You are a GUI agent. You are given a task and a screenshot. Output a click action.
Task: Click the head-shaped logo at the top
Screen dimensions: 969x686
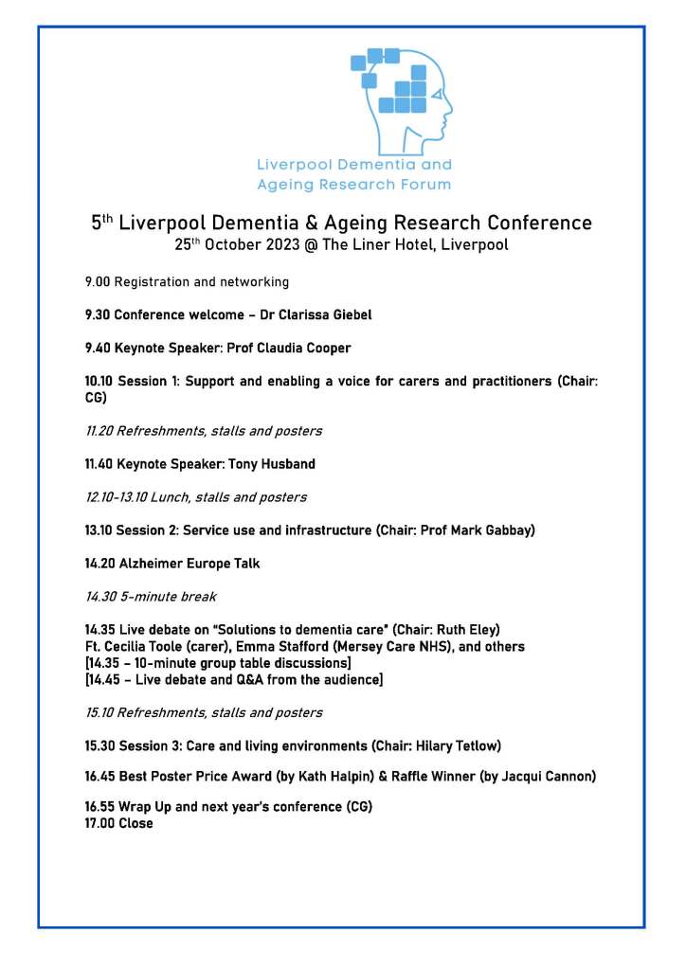coord(403,99)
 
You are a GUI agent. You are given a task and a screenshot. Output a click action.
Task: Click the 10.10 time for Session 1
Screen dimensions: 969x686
coord(99,382)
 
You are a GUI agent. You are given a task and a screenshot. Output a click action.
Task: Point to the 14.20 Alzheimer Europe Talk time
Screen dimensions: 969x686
coord(99,564)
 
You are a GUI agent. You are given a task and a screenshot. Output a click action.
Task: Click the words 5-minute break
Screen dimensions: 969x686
coord(171,597)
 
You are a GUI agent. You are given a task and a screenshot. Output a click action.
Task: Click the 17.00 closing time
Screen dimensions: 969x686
coord(99,824)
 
